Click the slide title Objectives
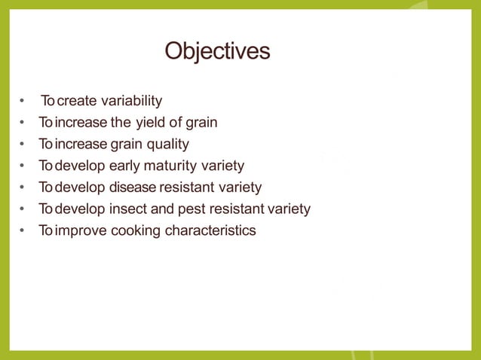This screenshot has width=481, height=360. coord(217,51)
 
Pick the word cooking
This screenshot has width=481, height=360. coord(136,230)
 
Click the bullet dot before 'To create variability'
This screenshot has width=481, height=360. coord(24,101)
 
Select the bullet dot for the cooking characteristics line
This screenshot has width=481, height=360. coord(24,230)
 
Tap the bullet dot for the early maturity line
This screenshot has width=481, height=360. coord(24,166)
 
